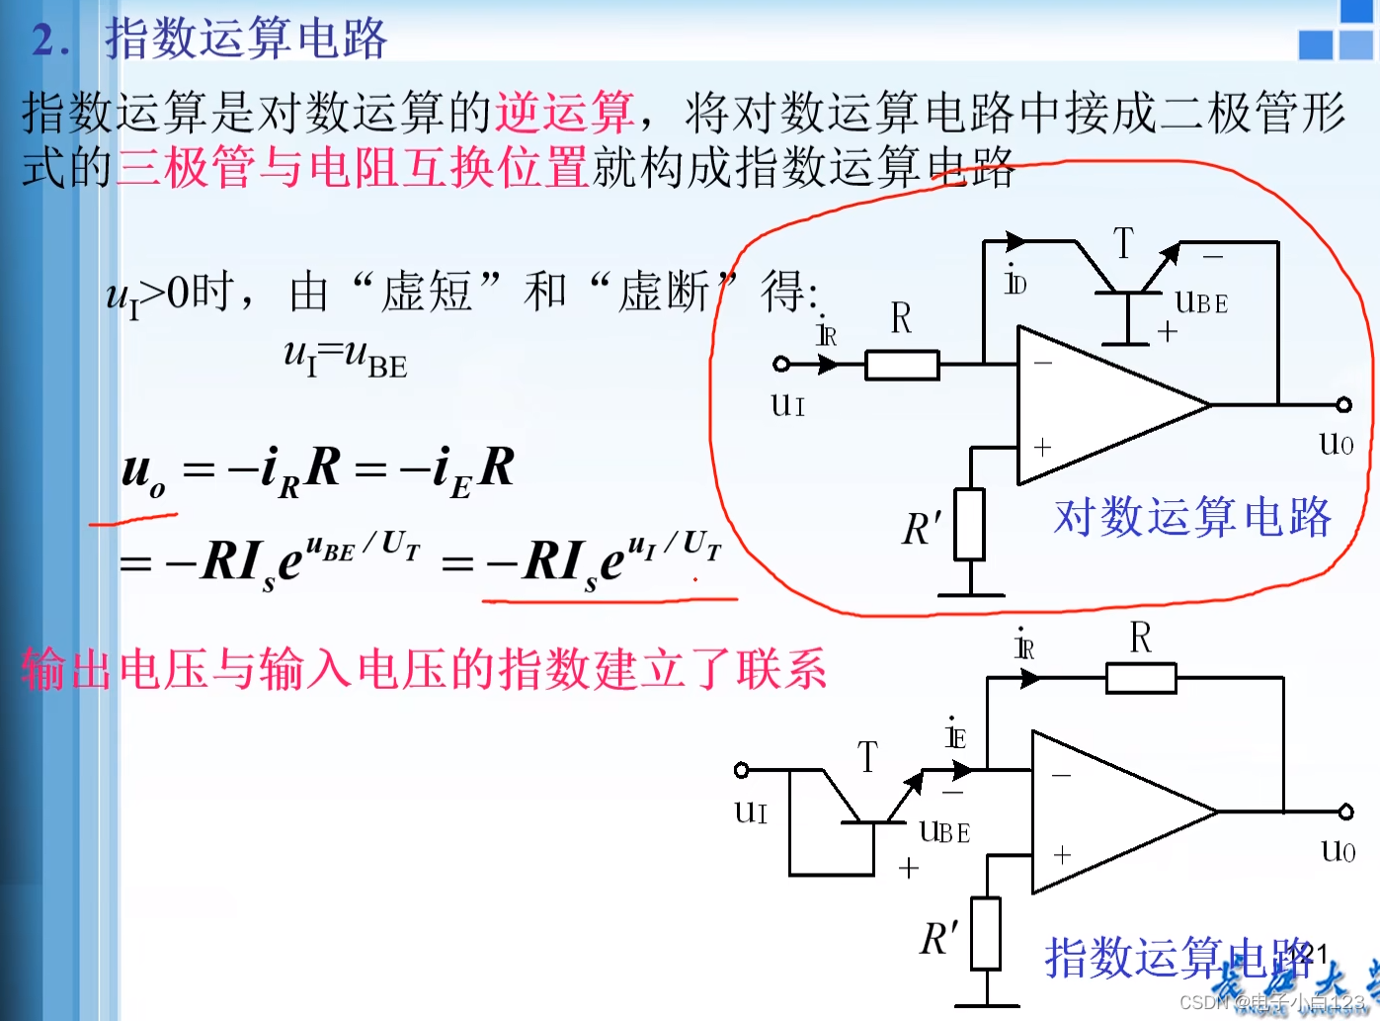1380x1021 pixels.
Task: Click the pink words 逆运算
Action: [564, 112]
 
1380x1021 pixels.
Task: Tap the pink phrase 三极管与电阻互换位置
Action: [353, 166]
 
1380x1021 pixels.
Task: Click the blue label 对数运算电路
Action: [1192, 517]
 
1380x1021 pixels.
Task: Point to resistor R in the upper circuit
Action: [901, 365]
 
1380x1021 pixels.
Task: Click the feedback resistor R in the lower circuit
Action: [1141, 678]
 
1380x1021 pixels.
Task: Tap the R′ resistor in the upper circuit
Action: [969, 525]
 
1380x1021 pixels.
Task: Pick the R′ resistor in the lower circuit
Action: [985, 933]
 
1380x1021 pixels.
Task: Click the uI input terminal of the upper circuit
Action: [781, 364]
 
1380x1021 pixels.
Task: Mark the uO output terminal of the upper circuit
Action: [1343, 404]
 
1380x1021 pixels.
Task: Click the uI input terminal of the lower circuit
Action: [742, 770]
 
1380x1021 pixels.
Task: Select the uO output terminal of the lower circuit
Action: [1345, 811]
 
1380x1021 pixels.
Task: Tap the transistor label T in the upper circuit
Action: [1123, 243]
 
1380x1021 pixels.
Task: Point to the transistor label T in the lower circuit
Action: [867, 757]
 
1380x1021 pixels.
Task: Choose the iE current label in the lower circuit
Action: [955, 734]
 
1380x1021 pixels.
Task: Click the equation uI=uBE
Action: [345, 357]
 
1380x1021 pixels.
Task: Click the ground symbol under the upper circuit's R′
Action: [970, 595]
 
